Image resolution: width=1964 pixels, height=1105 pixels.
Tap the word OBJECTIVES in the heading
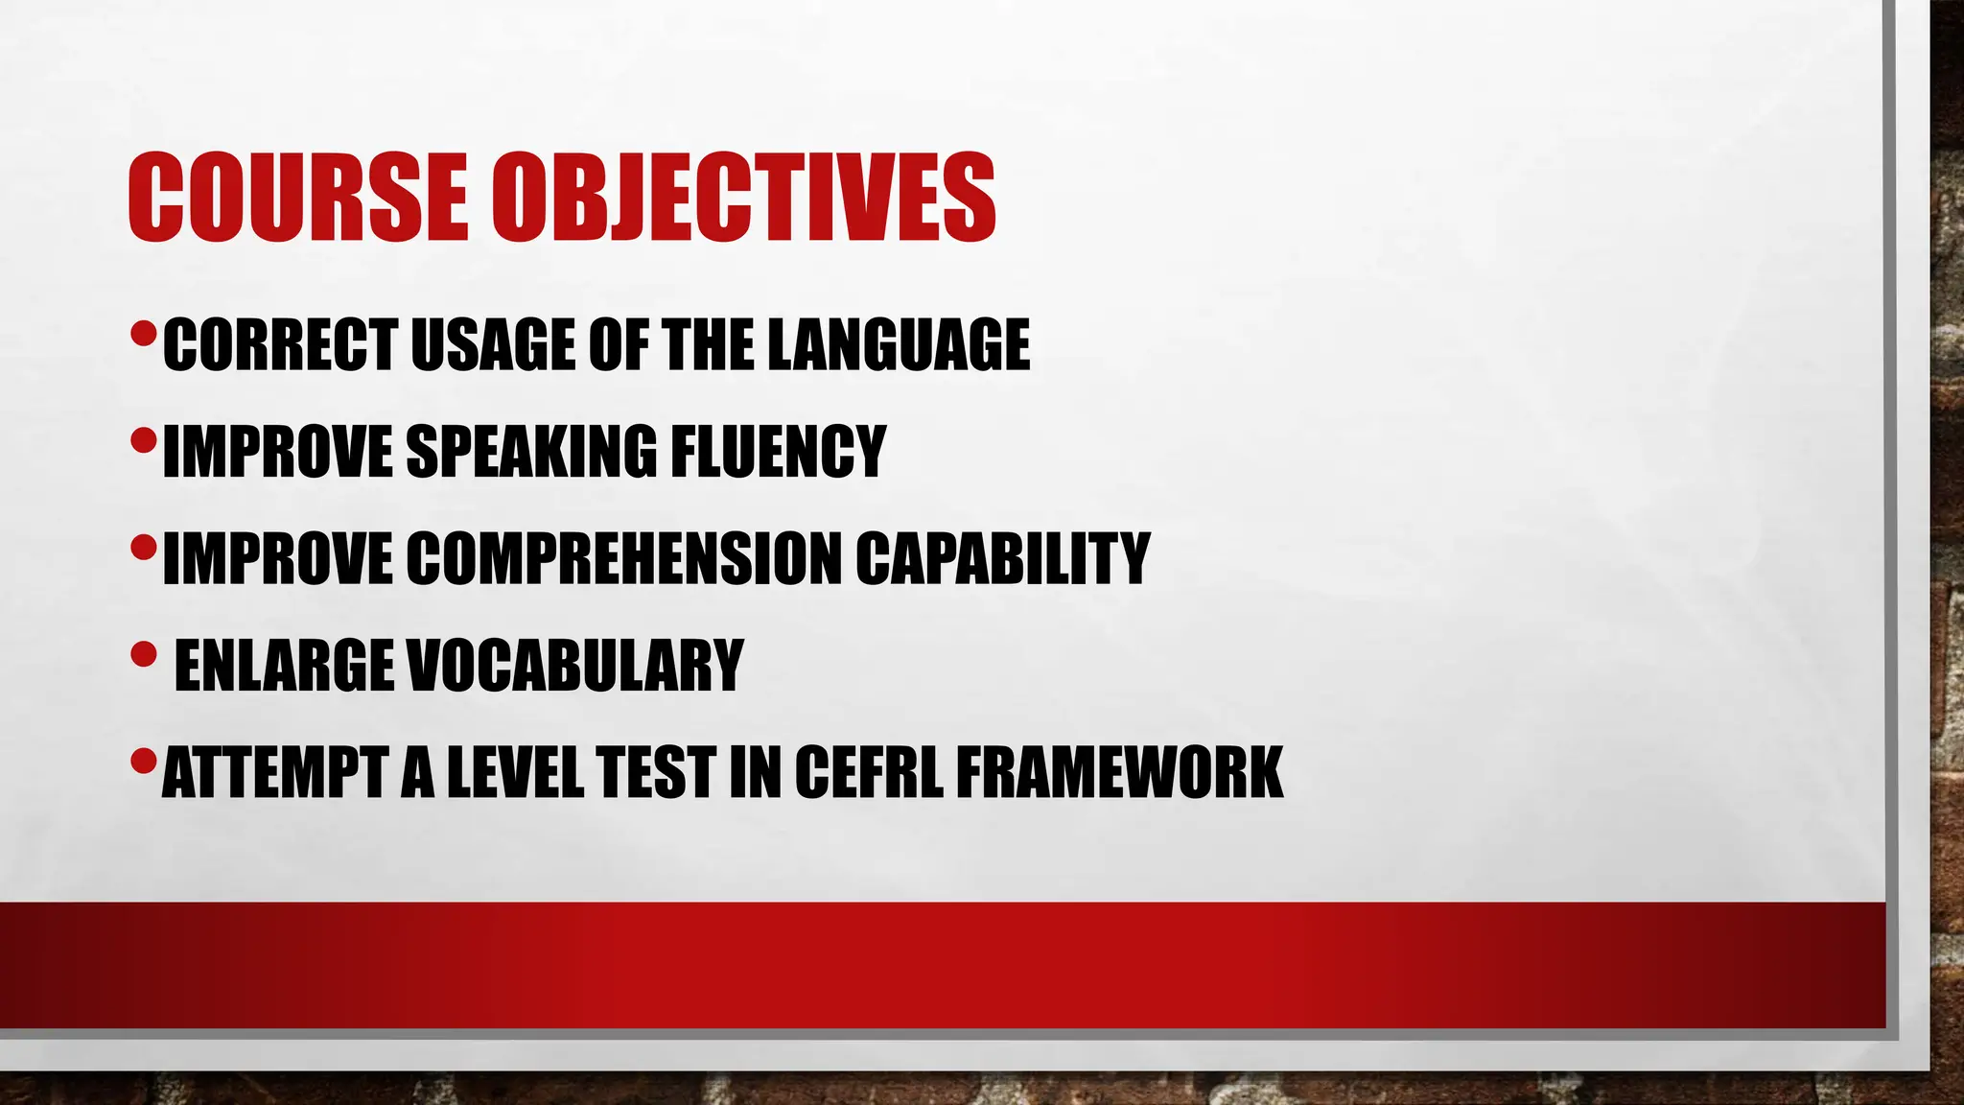click(x=744, y=198)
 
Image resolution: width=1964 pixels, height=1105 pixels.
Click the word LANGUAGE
click(x=899, y=344)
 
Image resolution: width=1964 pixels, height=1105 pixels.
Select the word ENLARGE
click(x=284, y=665)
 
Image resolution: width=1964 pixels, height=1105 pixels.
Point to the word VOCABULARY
click(x=575, y=665)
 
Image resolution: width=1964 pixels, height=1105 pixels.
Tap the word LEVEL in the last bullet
click(x=515, y=772)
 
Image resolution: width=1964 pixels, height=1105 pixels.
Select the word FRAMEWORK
click(x=1119, y=772)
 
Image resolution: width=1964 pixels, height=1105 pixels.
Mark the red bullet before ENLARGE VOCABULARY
click(x=143, y=655)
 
